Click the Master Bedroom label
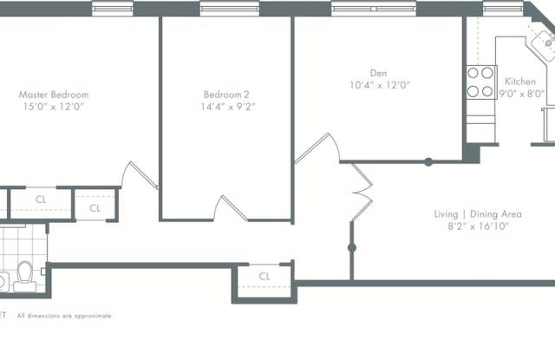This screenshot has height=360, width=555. point(54,95)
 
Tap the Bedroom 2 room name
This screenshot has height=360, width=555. point(226,95)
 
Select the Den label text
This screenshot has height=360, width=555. point(378,73)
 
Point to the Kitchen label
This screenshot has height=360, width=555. point(520,82)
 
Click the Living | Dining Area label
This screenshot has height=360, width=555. point(478,214)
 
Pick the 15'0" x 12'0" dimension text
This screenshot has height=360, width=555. point(54,107)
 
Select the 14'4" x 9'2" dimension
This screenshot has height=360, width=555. point(228,107)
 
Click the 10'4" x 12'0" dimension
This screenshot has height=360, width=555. point(380,85)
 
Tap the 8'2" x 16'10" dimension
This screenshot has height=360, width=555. point(478,226)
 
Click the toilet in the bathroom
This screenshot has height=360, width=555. point(25,277)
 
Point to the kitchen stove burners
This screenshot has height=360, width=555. point(480,82)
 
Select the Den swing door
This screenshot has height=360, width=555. point(317,148)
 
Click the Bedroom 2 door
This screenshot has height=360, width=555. point(231,208)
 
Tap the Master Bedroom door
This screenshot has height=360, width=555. point(140,175)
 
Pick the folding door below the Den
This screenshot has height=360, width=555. point(362,193)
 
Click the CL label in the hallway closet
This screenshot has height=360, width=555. point(264,276)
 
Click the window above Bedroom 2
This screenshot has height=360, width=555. point(230,9)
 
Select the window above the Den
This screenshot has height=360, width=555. point(374,9)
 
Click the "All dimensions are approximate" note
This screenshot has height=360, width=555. point(64,316)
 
